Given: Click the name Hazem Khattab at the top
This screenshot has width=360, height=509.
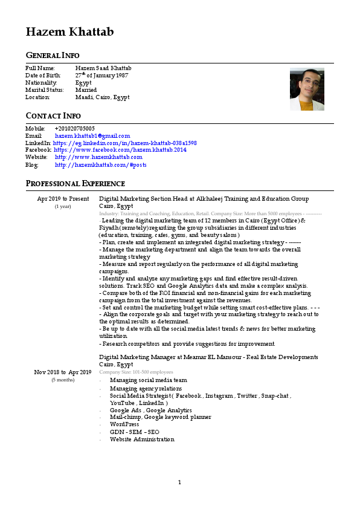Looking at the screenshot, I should [69, 32].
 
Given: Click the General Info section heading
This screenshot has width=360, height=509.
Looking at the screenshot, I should [53, 56].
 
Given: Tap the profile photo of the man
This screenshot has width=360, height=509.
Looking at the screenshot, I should [307, 89].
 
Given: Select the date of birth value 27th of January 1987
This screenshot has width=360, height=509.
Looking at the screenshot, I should [103, 75].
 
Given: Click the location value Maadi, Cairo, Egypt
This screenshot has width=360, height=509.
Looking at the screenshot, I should [102, 97].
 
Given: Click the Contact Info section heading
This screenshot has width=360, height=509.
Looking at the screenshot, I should [53, 115].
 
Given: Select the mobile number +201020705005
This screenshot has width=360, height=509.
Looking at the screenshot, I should [74, 129].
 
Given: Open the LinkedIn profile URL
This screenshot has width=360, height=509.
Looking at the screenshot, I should [124, 143].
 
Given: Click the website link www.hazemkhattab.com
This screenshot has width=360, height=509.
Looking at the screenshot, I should [98, 157].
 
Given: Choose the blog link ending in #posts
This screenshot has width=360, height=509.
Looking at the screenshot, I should [100, 164].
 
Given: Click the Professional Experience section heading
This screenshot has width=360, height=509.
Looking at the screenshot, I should [75, 183].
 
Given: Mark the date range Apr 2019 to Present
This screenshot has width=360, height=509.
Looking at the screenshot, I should [63, 199].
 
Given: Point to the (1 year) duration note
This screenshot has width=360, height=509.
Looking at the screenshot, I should [63, 206].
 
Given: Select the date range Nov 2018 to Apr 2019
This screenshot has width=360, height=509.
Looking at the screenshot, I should [63, 372].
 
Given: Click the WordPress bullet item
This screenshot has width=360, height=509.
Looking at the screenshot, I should [124, 424].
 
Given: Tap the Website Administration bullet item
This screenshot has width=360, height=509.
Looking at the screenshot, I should [142, 439].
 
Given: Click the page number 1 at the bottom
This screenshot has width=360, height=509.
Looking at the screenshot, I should [179, 482].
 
